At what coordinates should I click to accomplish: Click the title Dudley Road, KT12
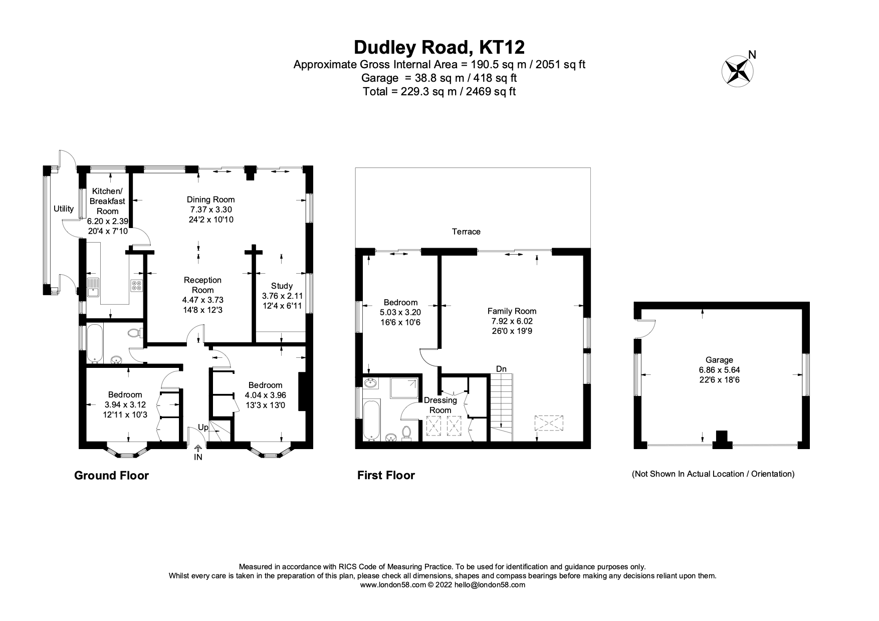439,47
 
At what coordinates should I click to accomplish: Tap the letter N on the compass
752,55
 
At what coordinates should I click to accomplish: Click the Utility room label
64,209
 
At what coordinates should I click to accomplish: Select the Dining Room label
210,199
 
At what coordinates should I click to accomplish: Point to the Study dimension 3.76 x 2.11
282,295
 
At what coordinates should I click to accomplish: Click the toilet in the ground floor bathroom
134,333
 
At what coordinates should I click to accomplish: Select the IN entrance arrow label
198,457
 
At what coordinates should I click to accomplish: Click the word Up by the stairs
203,428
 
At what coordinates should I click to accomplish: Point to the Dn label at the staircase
501,369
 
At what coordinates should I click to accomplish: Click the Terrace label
466,232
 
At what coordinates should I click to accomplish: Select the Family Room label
512,311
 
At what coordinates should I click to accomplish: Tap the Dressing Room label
441,405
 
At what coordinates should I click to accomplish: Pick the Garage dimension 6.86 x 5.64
719,370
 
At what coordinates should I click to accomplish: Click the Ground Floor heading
111,475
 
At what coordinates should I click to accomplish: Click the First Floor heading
386,475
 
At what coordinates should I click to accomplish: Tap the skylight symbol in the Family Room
549,424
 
